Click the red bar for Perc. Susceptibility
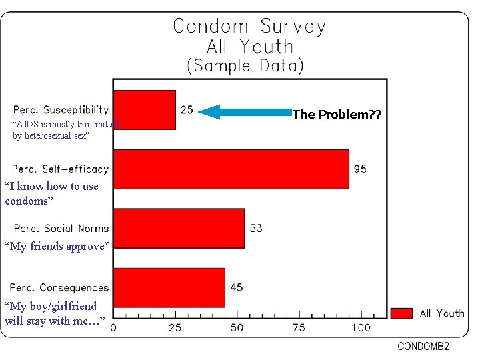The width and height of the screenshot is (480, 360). tap(145, 109)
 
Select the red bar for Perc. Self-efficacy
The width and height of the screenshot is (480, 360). tap(231, 169)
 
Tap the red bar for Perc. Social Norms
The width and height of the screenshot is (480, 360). tap(179, 228)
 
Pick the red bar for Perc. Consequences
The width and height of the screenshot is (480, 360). tap(169, 287)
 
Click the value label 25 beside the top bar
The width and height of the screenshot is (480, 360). tap(187, 109)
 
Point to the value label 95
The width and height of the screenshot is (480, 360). tap(360, 169)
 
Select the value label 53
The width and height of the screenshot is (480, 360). tap(256, 228)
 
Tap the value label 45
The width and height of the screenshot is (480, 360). tap(236, 287)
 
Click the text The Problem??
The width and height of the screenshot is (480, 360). tap(337, 114)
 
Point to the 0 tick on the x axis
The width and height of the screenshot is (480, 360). tap(113, 327)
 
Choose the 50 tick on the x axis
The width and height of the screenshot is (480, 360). tap(237, 327)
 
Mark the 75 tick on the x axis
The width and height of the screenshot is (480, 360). tap(299, 327)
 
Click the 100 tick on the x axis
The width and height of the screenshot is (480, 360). tap(361, 327)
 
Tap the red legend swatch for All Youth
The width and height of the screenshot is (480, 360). tap(401, 313)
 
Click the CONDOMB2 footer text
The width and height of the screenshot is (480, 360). tap(424, 347)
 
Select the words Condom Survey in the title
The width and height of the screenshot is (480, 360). tap(249, 27)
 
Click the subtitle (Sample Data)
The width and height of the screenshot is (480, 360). tap(245, 66)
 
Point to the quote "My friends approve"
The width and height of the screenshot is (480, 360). tap(55, 246)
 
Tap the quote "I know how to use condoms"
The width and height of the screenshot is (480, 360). tap(51, 193)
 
